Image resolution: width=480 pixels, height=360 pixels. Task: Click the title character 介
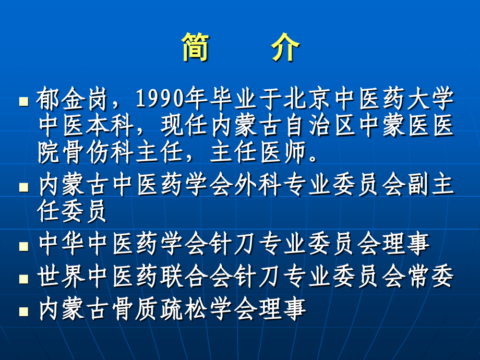pos(285,49)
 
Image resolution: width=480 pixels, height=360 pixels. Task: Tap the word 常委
pos(430,277)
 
